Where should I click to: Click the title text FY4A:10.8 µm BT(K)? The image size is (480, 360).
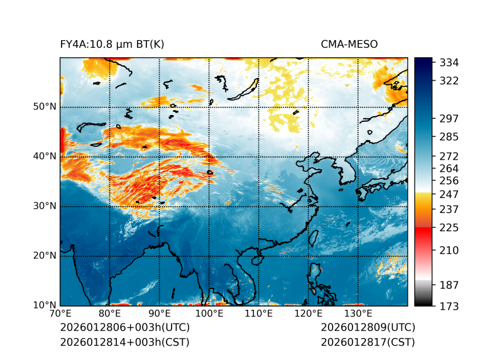tap(112, 44)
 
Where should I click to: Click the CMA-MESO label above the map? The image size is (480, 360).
tap(349, 44)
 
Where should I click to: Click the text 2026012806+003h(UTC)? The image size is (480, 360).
tap(124, 327)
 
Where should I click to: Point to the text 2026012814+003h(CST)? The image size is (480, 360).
tap(124, 342)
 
